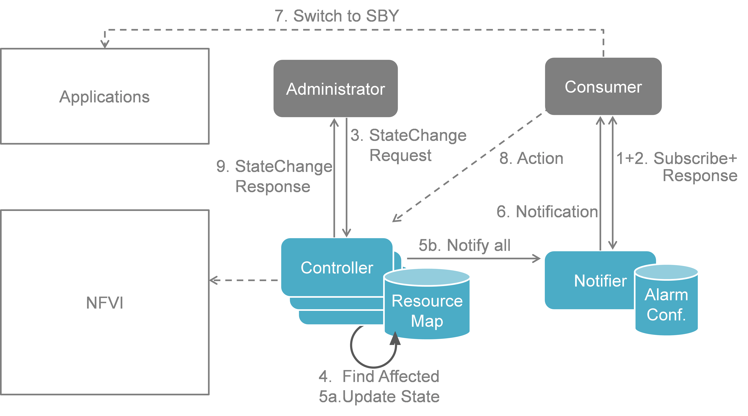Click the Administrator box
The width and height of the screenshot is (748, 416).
pyautogui.click(x=335, y=89)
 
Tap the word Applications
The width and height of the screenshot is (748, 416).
pyautogui.click(x=105, y=97)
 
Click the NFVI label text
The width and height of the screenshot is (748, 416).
pyautogui.click(x=105, y=303)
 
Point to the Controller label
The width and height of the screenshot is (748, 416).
pyautogui.click(x=337, y=268)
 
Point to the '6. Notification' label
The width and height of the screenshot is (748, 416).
pyautogui.click(x=547, y=212)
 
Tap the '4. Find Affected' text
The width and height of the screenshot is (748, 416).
pyautogui.click(x=379, y=376)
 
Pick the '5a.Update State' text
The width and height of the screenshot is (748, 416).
pyautogui.click(x=379, y=396)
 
